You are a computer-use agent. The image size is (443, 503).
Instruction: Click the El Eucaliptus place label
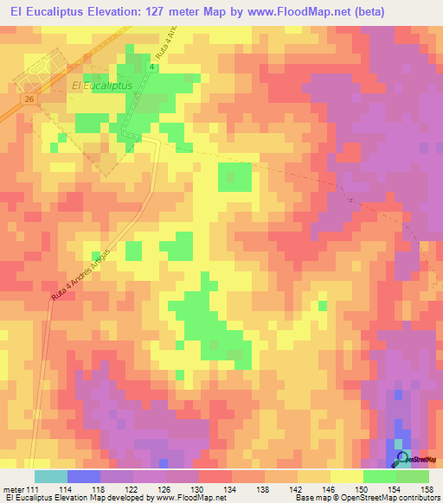[x=102, y=86]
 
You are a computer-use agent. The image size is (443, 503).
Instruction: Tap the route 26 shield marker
[x=29, y=100]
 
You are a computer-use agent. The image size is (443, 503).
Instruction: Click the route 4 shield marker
[x=152, y=67]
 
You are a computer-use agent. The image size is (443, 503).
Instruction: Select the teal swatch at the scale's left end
[x=51, y=477]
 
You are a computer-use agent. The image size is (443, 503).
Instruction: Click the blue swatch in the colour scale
[x=84, y=477]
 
